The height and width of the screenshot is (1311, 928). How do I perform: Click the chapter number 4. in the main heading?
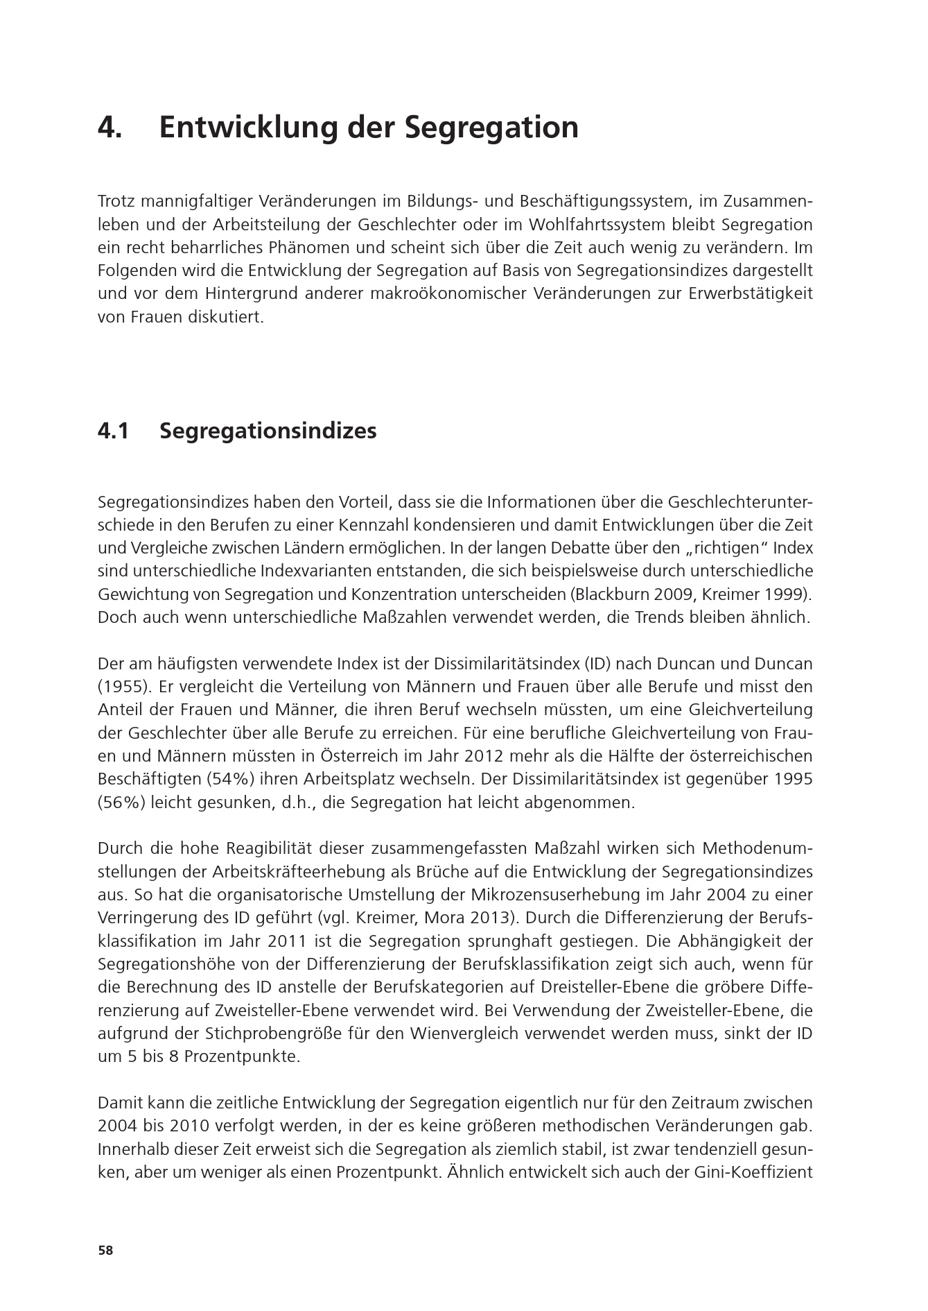click(x=110, y=128)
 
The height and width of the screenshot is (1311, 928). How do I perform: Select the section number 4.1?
click(x=114, y=431)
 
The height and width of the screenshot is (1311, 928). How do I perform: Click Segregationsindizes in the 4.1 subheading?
click(x=268, y=431)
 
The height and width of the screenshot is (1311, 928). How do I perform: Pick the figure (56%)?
click(x=123, y=803)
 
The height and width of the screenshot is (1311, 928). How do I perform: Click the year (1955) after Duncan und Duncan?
click(x=123, y=687)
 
